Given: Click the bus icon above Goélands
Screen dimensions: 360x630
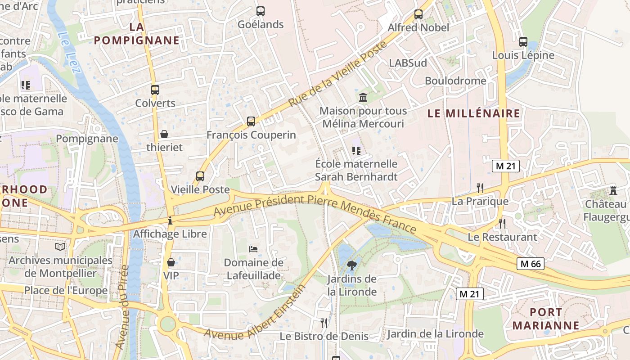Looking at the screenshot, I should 261,11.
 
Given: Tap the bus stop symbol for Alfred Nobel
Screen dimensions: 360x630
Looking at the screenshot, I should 418,14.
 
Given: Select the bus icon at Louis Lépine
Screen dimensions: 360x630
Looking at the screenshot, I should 523,42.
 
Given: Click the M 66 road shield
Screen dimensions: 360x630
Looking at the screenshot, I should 530,264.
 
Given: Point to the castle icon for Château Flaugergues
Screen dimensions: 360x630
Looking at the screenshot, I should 613,190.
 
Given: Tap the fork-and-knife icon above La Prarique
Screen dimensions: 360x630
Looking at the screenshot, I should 480,188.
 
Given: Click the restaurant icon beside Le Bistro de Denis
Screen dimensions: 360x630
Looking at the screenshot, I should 324,322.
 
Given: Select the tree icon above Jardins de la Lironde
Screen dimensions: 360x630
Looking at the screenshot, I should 352,265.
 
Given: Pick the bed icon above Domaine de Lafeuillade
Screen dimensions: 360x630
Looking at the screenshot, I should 253,249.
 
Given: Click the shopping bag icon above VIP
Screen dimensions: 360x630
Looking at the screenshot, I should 171,262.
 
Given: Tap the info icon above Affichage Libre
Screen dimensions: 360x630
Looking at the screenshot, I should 170,220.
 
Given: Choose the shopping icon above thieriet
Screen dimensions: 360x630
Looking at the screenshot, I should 164,134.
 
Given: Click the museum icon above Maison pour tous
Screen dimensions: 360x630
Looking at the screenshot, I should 363,97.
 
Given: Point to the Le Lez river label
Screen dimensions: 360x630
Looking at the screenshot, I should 69,52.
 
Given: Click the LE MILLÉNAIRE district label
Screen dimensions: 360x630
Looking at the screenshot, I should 474,113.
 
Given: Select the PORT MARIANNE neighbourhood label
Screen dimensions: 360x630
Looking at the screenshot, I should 546,319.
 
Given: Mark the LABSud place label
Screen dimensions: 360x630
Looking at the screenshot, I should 408,63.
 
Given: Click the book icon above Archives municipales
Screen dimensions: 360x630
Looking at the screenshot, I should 60,247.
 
